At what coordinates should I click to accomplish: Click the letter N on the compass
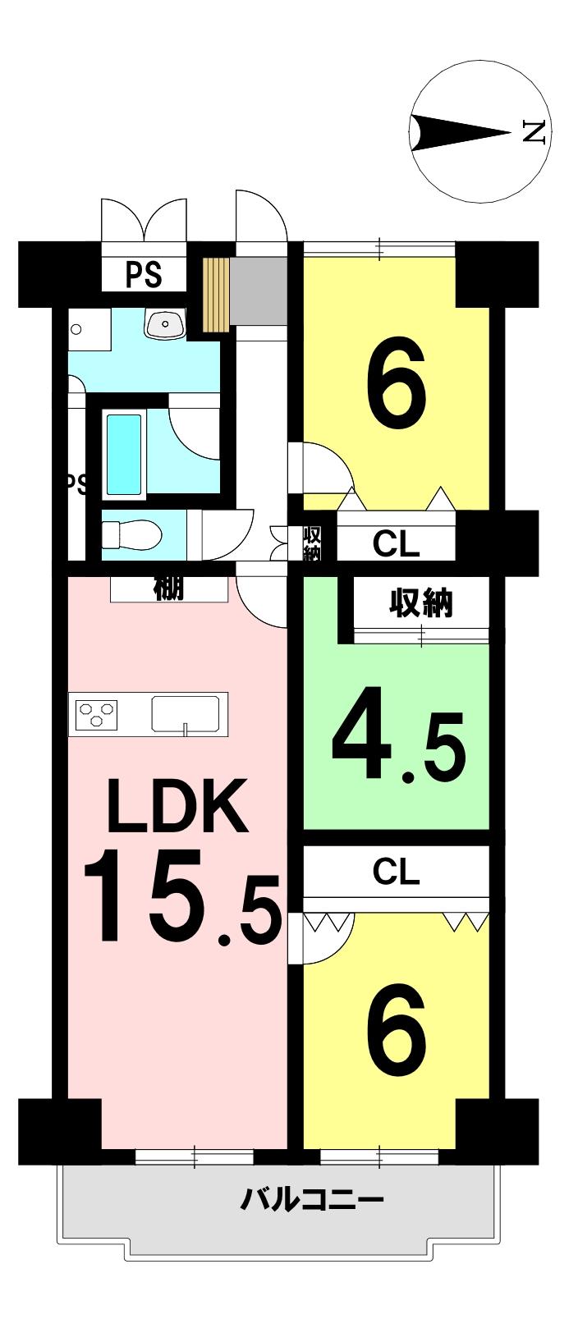534,131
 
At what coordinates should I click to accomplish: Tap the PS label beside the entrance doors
144,275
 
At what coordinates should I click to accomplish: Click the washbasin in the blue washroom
165,324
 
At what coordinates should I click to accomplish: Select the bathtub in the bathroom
124,453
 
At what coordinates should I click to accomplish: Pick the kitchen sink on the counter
185,712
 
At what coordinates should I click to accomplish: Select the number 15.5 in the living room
181,899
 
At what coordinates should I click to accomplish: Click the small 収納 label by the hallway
312,544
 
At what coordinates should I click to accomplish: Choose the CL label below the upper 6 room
396,543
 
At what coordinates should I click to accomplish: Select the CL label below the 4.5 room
396,872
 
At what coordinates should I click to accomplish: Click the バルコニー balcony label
312,1202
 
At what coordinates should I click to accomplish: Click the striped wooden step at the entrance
216,295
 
